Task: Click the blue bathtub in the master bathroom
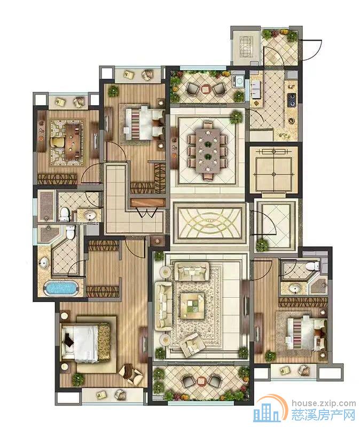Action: coord(61,288)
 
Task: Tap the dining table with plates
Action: coord(208,151)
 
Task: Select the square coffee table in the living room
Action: coord(192,306)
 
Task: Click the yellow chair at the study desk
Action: coord(58,142)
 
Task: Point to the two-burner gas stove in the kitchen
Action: coord(292,100)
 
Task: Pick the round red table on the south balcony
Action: coord(202,381)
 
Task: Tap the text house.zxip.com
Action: coord(324,403)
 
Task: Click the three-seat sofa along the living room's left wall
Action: coord(163,306)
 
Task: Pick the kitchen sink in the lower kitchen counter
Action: coord(291,120)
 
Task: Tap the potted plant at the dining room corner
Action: coord(236,117)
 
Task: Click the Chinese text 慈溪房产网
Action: coord(324,415)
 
